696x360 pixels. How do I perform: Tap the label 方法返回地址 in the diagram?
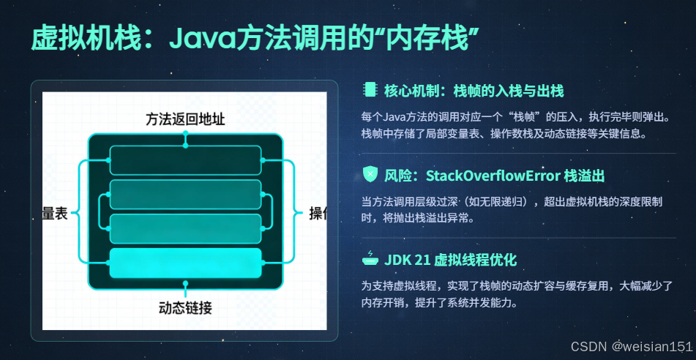click(x=185, y=119)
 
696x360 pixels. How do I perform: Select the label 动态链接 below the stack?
click(x=185, y=307)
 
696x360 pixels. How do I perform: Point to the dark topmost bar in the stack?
click(x=185, y=160)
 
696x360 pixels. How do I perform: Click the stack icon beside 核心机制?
click(x=370, y=91)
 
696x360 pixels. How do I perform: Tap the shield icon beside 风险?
click(x=370, y=176)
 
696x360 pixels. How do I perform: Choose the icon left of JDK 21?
click(x=370, y=259)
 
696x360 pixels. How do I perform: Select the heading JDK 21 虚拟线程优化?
click(x=451, y=260)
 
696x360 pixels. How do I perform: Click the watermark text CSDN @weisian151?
click(x=631, y=345)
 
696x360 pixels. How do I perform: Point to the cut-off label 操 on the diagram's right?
click(x=318, y=213)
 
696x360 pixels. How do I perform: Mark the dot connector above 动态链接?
click(x=186, y=282)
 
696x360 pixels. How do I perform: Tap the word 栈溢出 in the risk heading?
click(x=584, y=176)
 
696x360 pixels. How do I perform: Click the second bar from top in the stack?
click(x=185, y=195)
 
